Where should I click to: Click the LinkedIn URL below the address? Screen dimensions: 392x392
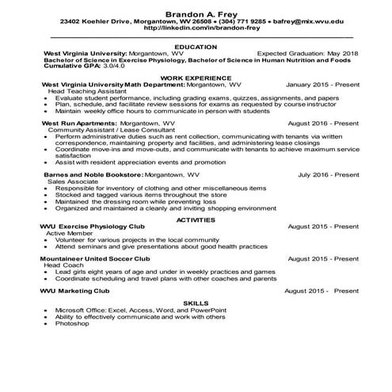pos(195,30)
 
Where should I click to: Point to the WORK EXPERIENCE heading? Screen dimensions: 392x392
pos(195,78)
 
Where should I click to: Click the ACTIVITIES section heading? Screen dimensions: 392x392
pos(195,219)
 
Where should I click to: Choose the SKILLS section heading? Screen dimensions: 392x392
pos(195,303)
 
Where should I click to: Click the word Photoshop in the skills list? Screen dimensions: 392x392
pos(72,324)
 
